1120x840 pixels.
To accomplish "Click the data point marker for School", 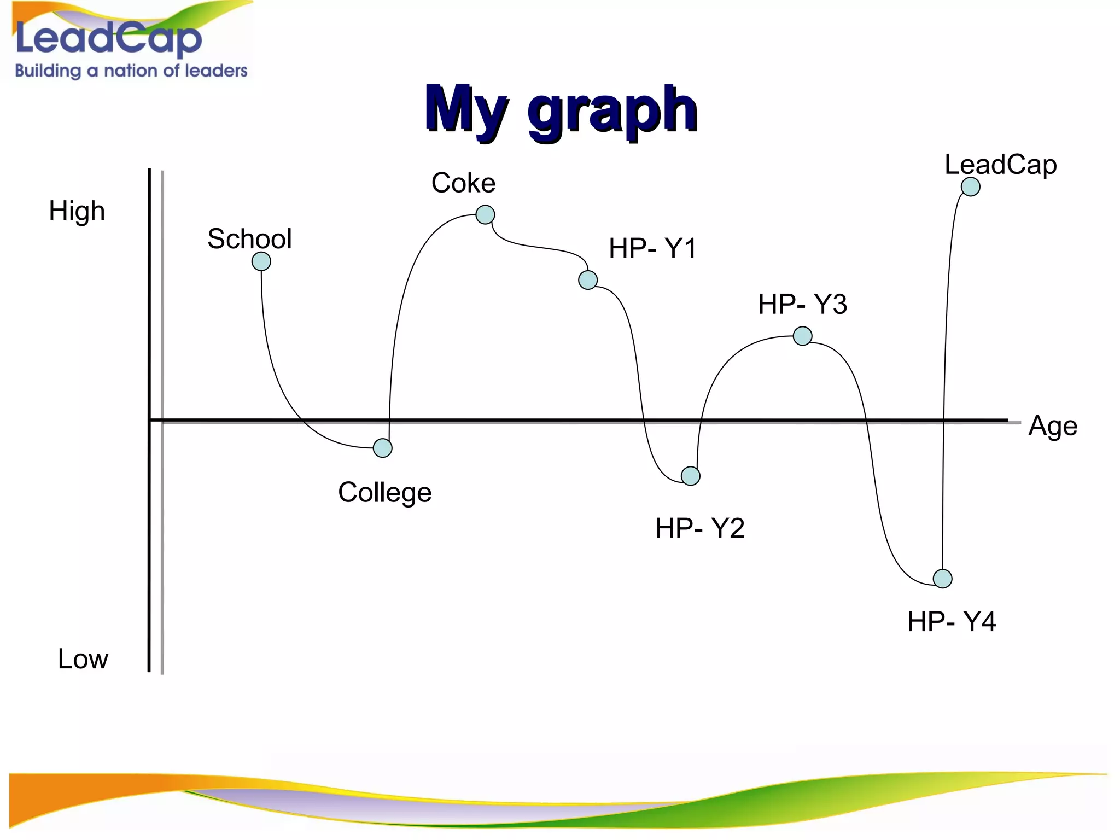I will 261,261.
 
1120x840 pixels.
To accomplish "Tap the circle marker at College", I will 383,448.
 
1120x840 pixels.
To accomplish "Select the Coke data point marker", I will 485,214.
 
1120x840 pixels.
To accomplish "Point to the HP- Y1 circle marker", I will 588,280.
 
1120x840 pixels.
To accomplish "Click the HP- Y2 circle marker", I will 691,476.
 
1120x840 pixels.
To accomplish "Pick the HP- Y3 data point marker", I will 802,336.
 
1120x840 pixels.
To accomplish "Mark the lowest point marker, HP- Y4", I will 942,578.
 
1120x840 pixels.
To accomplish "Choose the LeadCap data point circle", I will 971,186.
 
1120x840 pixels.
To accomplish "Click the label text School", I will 249,239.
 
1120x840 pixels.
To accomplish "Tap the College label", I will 384,492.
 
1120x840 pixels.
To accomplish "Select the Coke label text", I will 463,183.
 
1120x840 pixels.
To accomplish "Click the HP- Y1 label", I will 652,248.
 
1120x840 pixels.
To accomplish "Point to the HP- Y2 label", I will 699,528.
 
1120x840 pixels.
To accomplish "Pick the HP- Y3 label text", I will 802,304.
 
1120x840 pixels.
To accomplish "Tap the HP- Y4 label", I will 952,622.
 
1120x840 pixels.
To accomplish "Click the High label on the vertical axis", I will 77,211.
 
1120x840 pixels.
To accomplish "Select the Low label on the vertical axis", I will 83,659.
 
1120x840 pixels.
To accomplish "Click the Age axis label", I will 1052,426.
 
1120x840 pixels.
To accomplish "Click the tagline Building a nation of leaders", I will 131,71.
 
